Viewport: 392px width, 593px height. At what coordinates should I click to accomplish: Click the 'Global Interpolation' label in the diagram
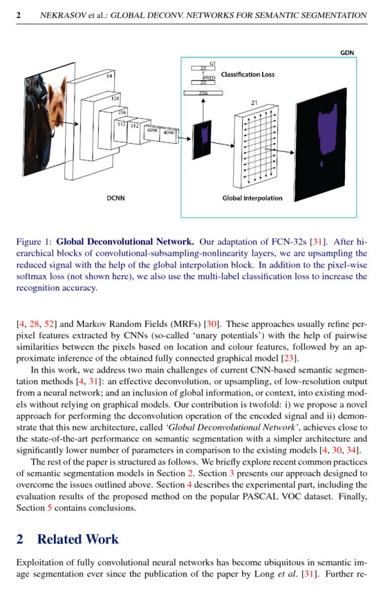(x=252, y=198)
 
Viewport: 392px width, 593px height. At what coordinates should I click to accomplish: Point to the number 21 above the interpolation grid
(x=254, y=103)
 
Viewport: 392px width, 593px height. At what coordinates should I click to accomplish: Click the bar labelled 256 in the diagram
(x=203, y=92)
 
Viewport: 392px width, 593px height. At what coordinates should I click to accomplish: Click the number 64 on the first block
(x=109, y=76)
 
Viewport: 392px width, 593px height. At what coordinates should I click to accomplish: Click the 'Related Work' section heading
(x=77, y=539)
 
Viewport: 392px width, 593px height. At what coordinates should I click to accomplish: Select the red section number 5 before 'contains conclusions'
(x=48, y=507)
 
